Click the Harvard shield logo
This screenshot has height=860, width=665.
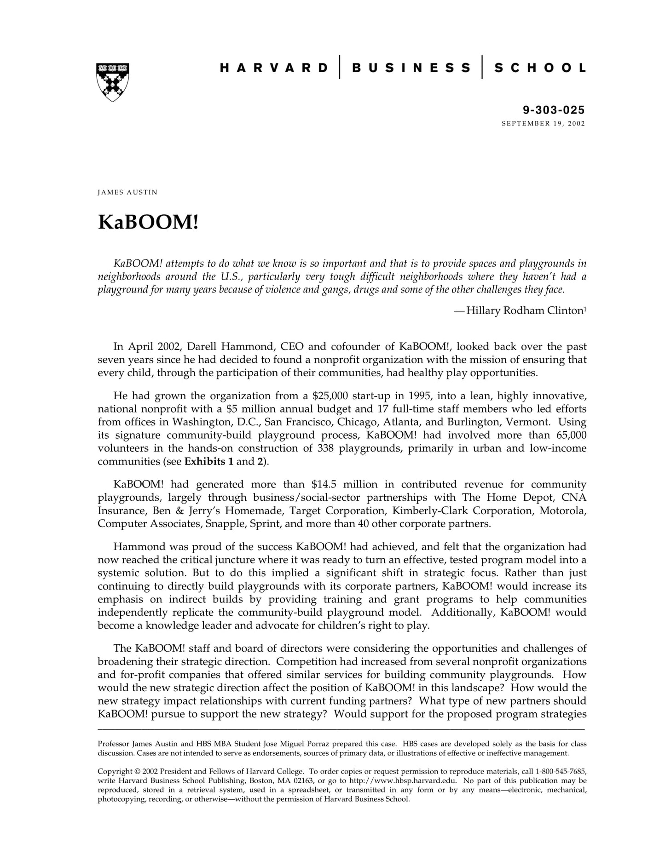113,82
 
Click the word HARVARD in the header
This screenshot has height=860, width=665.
274,68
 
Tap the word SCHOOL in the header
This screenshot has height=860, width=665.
540,68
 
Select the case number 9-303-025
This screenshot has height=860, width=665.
553,110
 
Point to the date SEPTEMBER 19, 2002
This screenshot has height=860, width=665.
543,123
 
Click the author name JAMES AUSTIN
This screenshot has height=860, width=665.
127,192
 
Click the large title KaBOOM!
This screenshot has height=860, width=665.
148,222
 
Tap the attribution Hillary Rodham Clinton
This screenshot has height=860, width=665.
525,310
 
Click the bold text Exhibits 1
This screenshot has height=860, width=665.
208,461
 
